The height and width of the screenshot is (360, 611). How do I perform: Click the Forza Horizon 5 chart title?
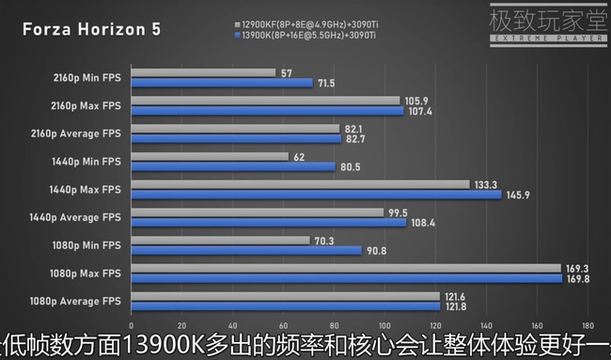91,28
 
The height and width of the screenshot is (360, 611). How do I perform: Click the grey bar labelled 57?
203,72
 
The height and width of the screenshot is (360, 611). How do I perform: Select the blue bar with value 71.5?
222,83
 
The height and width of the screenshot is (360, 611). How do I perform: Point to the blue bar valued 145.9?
318,195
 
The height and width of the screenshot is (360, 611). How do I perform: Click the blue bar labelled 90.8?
247,250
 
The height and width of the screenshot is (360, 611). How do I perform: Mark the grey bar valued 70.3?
221,240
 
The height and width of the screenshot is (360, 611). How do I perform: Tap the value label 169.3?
576,268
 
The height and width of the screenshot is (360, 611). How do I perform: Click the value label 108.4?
422,223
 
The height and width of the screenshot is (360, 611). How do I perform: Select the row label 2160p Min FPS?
86,77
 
